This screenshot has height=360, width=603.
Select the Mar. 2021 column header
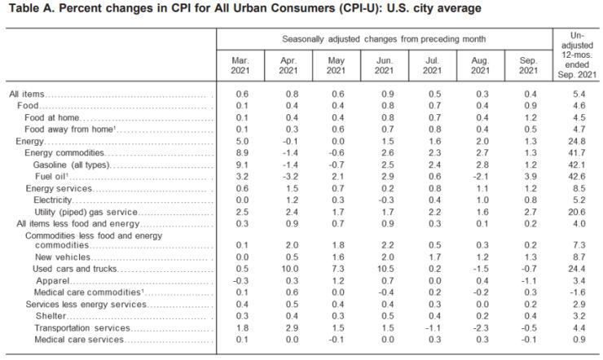click(x=240, y=66)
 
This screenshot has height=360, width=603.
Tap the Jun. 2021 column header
click(x=383, y=66)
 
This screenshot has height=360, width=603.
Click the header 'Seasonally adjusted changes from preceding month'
click(x=383, y=39)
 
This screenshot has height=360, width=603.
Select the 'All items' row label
click(x=28, y=94)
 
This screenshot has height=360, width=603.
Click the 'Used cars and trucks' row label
click(x=70, y=268)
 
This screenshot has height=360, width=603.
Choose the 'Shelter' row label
click(x=51, y=314)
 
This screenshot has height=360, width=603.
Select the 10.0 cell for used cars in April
click(x=288, y=268)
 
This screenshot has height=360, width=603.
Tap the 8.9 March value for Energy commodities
click(x=240, y=152)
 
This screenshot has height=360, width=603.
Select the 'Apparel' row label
click(x=52, y=280)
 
